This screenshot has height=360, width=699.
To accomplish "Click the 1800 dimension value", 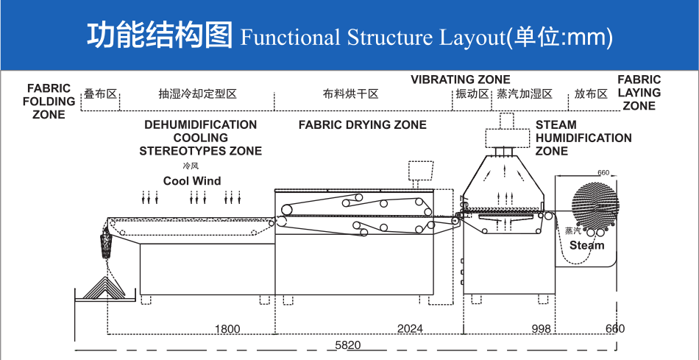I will pyautogui.click(x=228, y=328).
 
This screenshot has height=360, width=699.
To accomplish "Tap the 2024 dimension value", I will pyautogui.click(x=410, y=328).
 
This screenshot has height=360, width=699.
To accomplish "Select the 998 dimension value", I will pyautogui.click(x=541, y=328).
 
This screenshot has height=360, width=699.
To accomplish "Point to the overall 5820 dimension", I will pyautogui.click(x=348, y=345).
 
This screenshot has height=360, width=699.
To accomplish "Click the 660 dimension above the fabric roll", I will pyautogui.click(x=603, y=173).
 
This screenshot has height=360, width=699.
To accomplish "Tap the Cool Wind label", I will pyautogui.click(x=192, y=180).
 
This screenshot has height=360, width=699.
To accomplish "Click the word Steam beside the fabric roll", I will pyautogui.click(x=586, y=245).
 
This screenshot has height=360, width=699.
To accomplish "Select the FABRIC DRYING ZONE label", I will pyautogui.click(x=362, y=124).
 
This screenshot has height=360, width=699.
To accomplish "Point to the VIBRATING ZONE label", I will pyautogui.click(x=460, y=80).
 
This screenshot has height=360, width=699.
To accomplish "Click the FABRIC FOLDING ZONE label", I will pyautogui.click(x=49, y=101).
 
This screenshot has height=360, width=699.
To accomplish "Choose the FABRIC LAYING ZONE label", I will pyautogui.click(x=639, y=93).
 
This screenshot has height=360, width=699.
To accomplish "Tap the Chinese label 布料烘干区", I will pyautogui.click(x=350, y=94).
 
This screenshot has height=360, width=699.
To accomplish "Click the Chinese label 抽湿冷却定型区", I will pyautogui.click(x=197, y=94).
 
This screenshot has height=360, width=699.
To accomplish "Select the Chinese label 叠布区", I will pyautogui.click(x=100, y=94).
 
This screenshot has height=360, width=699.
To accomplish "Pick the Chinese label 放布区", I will pyautogui.click(x=591, y=94).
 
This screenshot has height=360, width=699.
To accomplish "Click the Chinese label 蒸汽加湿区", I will pyautogui.click(x=524, y=94).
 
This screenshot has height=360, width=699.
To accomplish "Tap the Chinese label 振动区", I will pyautogui.click(x=472, y=94).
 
